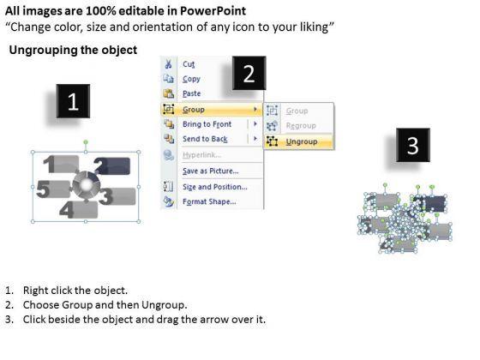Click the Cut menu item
[189, 64]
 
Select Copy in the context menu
[191, 79]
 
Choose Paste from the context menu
[192, 93]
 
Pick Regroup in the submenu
[301, 125]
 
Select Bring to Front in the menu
[207, 124]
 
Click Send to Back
[205, 139]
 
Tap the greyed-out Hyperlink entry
[201, 155]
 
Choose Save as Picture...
[211, 171]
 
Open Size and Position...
[215, 187]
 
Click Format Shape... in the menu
[209, 201]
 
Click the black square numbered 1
[73, 101]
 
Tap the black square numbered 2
[249, 73]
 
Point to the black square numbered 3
[413, 145]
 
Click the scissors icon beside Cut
[168, 64]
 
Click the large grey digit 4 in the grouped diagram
[67, 210]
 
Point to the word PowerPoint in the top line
[213, 11]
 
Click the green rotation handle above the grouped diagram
[86, 142]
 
